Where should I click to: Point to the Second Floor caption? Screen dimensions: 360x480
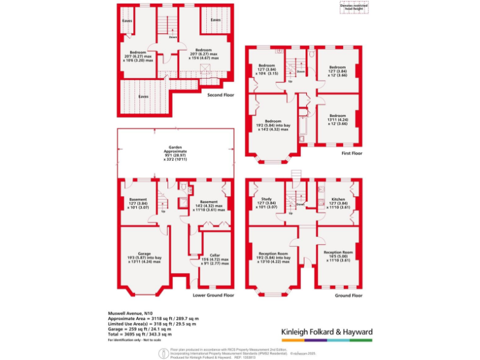221,96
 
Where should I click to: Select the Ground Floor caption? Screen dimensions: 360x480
348,294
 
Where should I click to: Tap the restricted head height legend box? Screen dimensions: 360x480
354,7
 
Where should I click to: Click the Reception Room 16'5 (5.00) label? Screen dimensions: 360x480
337,256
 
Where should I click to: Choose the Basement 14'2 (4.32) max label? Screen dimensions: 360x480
208,204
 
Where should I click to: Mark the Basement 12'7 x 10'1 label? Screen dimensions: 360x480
137,204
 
